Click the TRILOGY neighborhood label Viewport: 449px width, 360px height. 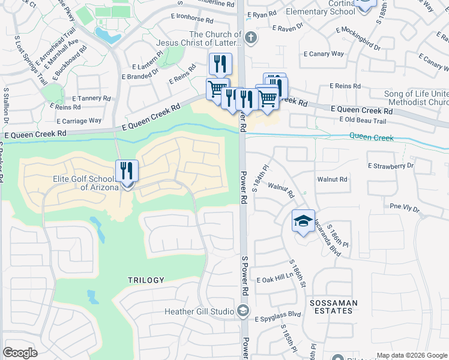point(146,280)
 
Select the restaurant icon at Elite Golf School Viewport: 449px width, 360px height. point(127,171)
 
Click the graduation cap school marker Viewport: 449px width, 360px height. point(303,221)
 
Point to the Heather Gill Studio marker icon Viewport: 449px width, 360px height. point(243,311)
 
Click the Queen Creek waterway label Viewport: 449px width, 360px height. point(372,138)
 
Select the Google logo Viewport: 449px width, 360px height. point(20,353)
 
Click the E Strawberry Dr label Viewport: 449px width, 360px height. point(391,165)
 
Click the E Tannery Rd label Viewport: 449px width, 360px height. point(91,98)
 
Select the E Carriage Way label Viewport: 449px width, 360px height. point(79,121)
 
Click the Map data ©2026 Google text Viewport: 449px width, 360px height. point(411,355)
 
